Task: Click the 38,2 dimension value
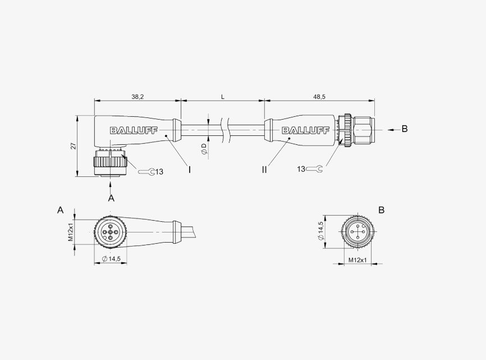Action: click(137, 97)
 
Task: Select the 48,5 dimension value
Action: click(319, 97)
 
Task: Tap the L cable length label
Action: click(223, 97)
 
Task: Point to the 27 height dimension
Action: click(74, 145)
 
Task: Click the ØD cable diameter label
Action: click(204, 149)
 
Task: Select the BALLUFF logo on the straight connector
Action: click(305, 130)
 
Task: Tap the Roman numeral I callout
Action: click(189, 170)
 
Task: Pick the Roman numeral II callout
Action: click(264, 170)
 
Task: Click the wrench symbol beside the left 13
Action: click(146, 171)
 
